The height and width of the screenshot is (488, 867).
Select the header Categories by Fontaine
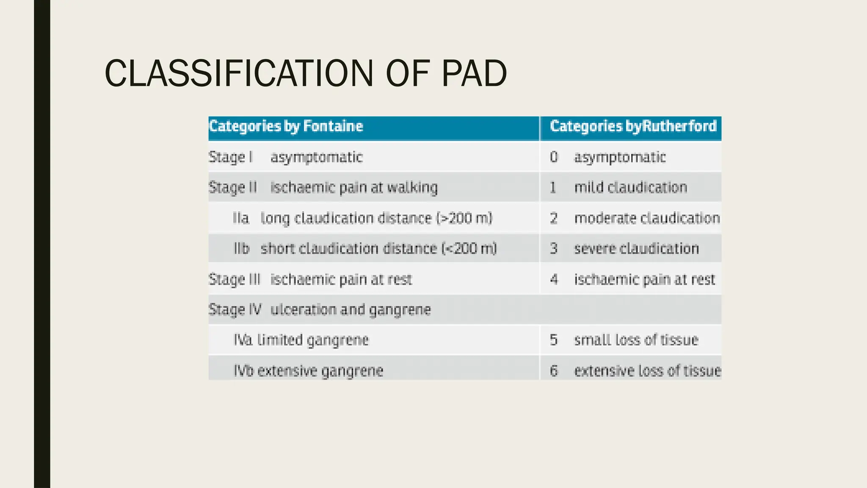coord(286,126)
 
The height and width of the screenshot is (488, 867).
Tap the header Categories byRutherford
coord(633,126)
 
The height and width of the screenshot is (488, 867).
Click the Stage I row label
coord(231,157)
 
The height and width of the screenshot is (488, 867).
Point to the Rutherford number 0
coord(554,157)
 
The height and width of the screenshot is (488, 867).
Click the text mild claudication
coord(630,187)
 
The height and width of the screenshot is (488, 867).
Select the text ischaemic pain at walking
coord(354,187)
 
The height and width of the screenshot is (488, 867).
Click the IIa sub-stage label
coord(241,218)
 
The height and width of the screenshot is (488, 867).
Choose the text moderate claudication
coord(646,218)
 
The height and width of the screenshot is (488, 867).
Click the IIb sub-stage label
coord(242,249)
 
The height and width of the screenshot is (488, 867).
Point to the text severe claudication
coord(636,249)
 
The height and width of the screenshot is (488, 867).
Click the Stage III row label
coord(234,280)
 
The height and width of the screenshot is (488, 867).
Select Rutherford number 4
coord(554,280)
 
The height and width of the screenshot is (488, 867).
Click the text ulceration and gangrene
coord(351,310)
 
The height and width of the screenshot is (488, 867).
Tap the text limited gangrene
coord(313,340)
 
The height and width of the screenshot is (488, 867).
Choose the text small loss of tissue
coord(636,340)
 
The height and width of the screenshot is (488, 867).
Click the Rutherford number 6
coord(554,371)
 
